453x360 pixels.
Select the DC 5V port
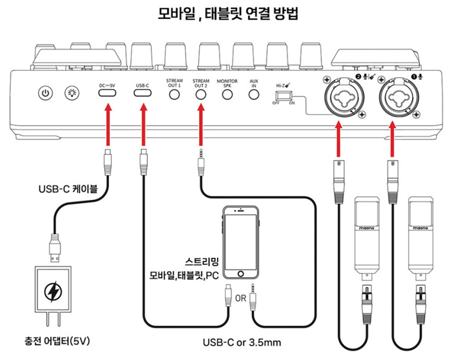coord(108,93)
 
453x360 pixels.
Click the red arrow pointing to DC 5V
coord(108,124)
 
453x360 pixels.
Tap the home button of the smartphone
coord(239,273)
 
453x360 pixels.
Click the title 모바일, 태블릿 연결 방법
coord(227,14)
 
